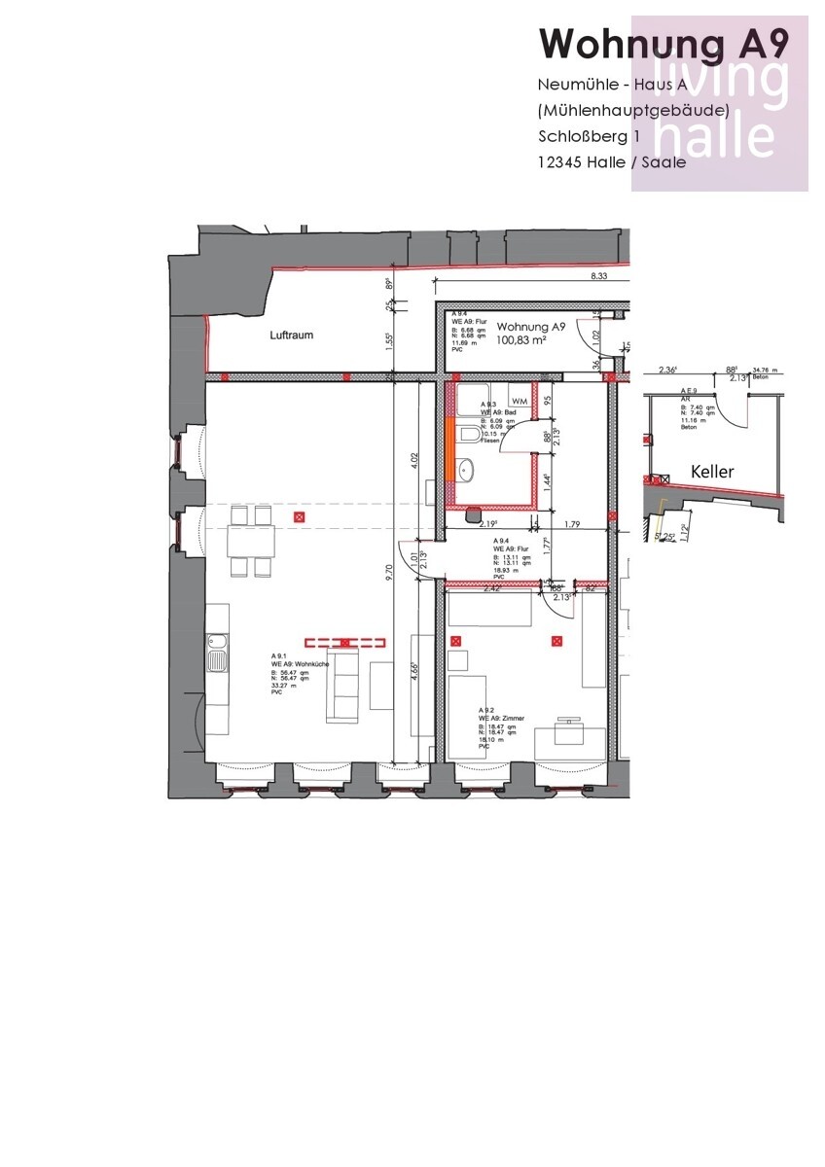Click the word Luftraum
point(292,335)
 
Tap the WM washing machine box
point(520,401)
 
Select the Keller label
point(712,472)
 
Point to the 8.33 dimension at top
point(599,276)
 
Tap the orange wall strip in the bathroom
point(449,446)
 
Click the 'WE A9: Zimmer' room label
point(501,718)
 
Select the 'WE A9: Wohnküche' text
point(301,662)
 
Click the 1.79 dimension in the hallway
point(573,525)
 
